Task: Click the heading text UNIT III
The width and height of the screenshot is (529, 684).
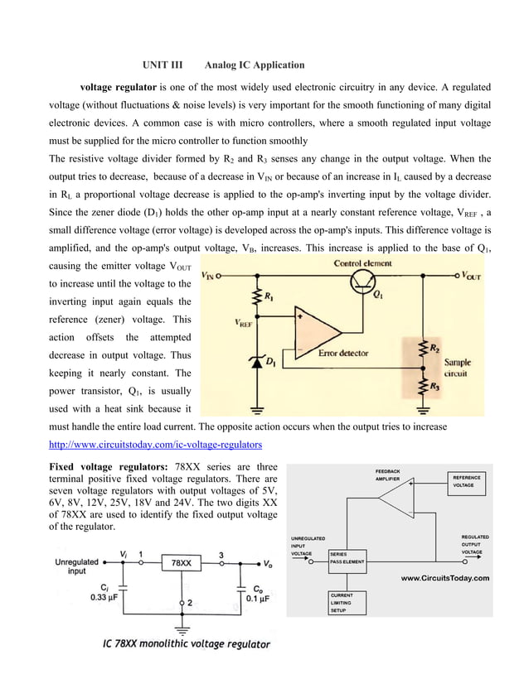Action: [x=163, y=65]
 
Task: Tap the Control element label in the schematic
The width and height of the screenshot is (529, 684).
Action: [x=363, y=263]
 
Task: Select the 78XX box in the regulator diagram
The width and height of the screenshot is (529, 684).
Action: [x=182, y=562]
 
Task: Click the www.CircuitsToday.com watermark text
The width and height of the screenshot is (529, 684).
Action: [x=444, y=578]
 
